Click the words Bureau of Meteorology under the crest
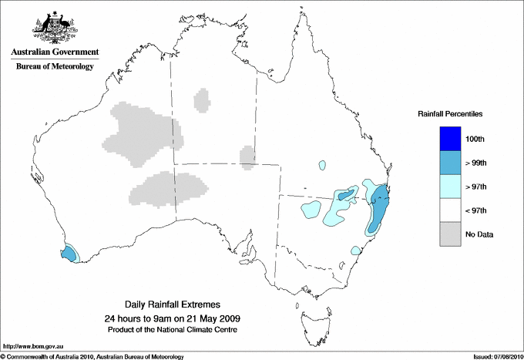(x=54, y=67)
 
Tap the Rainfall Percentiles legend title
(x=450, y=113)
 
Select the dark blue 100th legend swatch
(x=450, y=139)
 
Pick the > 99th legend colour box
(x=450, y=163)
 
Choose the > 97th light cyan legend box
(x=450, y=186)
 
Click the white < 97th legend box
(x=450, y=210)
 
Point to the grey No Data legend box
(x=450, y=234)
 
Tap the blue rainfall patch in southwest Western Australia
(x=69, y=252)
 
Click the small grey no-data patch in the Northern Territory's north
(x=202, y=99)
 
